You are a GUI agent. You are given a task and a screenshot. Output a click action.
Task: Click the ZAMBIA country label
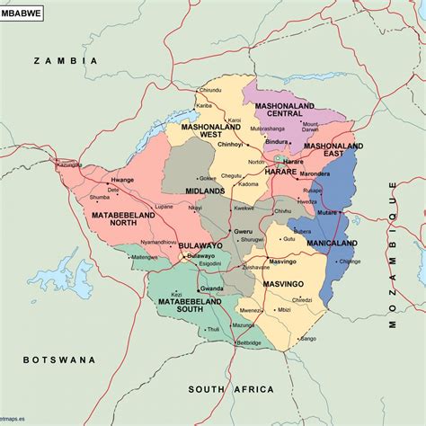point(65,60)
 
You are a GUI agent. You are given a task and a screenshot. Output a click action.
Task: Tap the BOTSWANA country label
point(59,359)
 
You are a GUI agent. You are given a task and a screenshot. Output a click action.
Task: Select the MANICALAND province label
point(332,244)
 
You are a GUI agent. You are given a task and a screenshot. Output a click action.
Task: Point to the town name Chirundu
point(209,91)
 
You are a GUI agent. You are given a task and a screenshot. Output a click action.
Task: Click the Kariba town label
point(204,106)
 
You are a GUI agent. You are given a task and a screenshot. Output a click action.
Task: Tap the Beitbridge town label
point(248,342)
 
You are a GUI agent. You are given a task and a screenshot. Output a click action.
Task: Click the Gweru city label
point(243,231)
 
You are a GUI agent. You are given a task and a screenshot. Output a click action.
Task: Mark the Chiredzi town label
point(302,300)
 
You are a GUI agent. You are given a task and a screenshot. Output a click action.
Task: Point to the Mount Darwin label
point(310,127)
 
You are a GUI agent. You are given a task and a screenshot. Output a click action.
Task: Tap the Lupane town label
point(164,206)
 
